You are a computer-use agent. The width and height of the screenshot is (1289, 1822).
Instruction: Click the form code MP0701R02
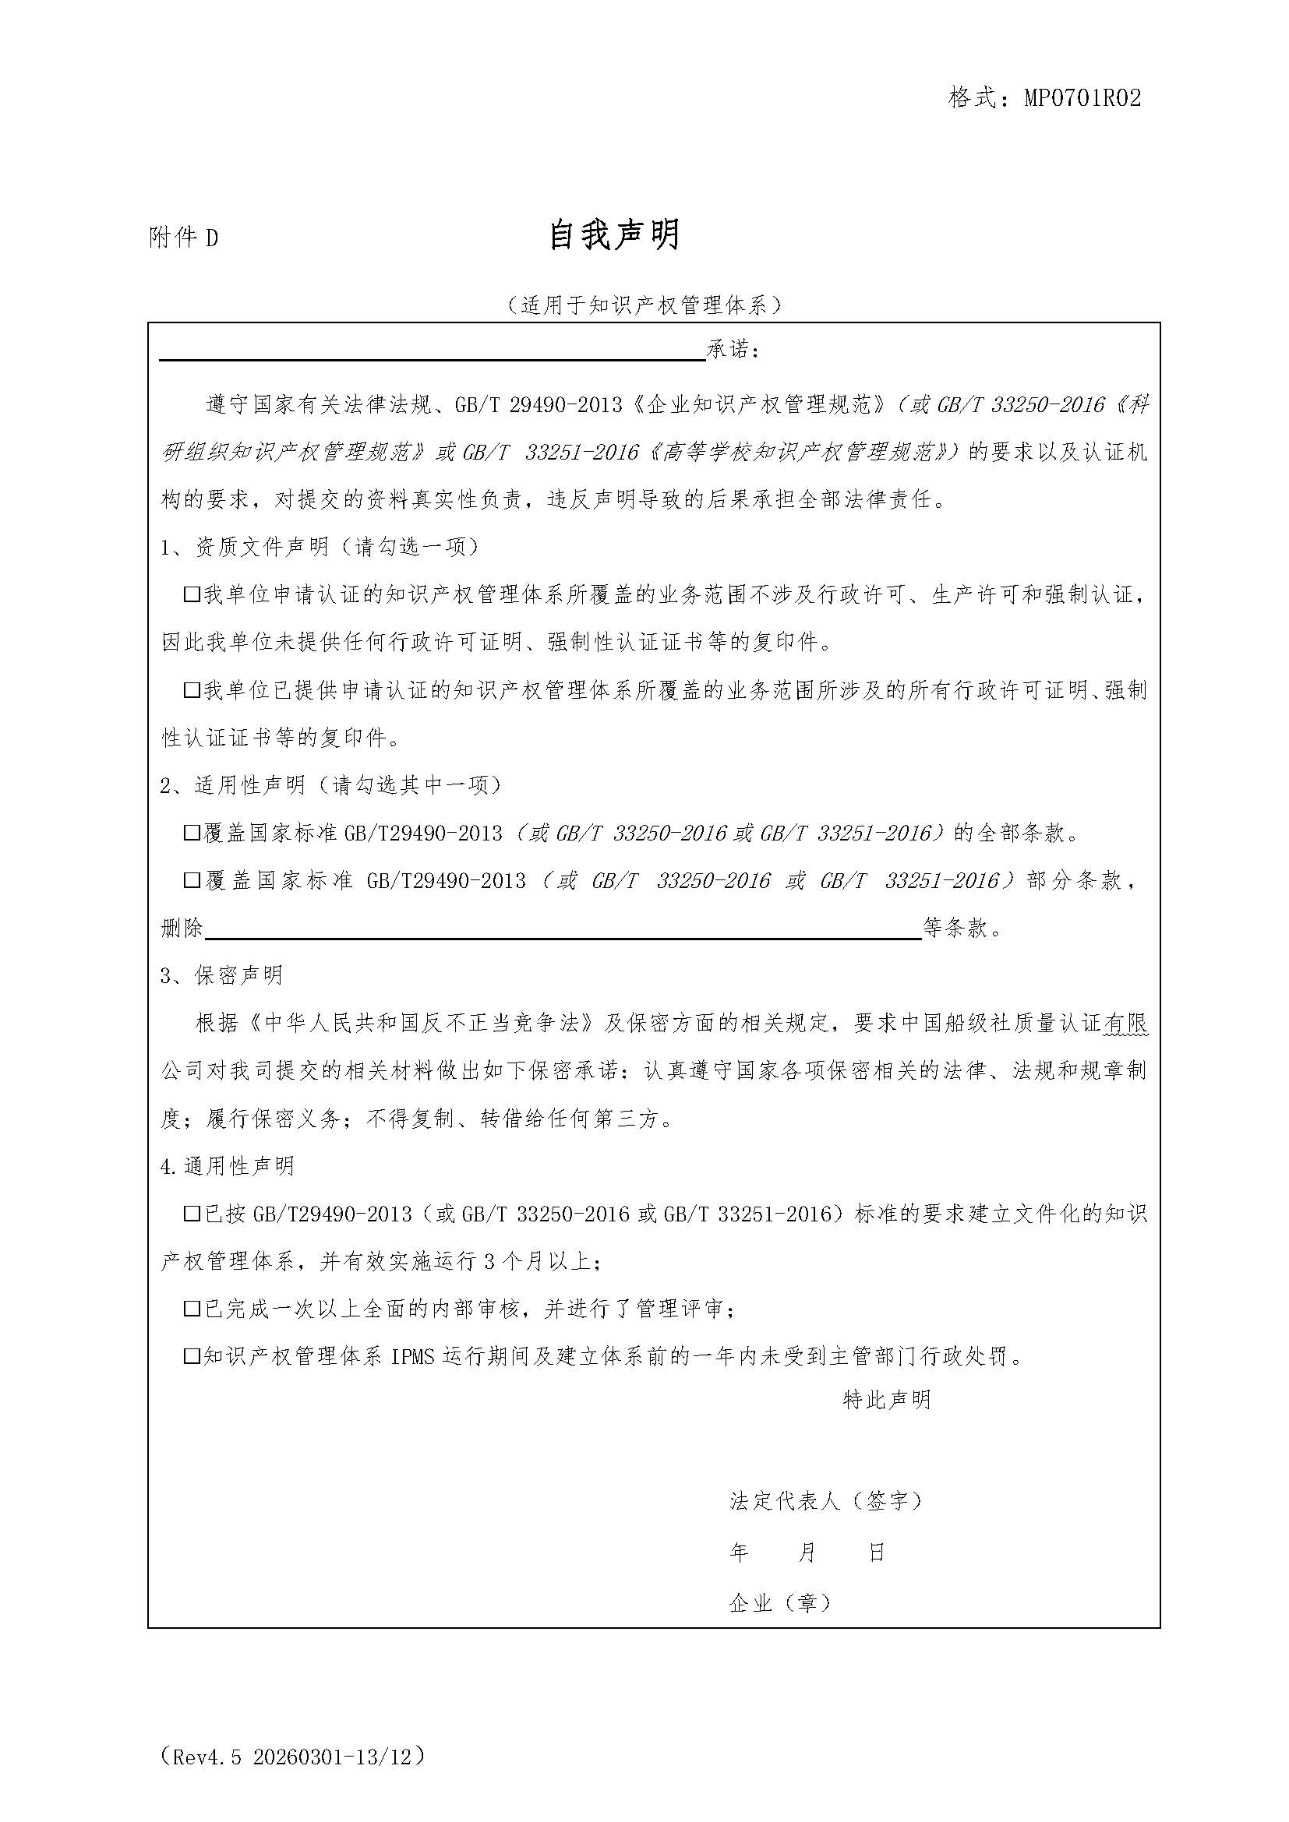coord(1082,97)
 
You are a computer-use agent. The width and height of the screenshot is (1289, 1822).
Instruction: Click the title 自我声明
coord(614,236)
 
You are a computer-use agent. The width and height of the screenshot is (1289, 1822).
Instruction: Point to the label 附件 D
coord(183,238)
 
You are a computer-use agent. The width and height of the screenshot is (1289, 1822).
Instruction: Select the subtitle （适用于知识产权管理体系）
coord(644,305)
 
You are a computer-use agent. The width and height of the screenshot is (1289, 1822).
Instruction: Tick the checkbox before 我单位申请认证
coord(191,594)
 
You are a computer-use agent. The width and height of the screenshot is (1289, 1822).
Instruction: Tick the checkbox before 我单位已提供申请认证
coord(191,689)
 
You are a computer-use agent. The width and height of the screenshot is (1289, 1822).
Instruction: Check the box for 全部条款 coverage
coord(191,833)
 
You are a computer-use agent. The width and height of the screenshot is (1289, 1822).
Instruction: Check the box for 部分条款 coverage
coord(191,880)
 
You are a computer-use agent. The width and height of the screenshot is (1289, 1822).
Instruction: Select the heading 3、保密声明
coord(221,975)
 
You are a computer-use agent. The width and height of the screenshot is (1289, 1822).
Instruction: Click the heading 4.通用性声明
coord(227,1166)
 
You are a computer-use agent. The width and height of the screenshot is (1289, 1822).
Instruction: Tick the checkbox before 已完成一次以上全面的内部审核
coord(191,1309)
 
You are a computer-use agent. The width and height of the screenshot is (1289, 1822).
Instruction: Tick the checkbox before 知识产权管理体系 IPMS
coord(191,1356)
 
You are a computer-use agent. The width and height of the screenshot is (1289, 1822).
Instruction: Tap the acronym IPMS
coord(412,1357)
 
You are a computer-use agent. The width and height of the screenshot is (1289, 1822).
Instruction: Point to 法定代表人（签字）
coord(826,1500)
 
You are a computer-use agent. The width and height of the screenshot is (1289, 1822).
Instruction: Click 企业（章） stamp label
coord(780,1602)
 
